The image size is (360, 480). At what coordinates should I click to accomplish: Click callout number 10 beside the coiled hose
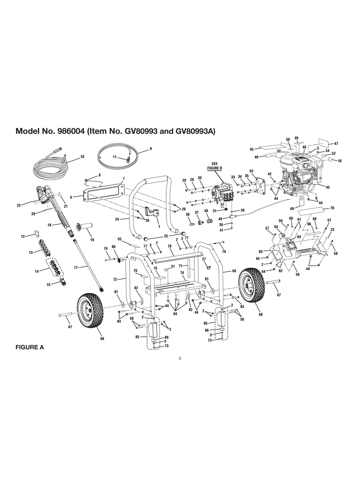point(82,157)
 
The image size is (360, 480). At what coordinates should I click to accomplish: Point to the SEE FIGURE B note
point(215,166)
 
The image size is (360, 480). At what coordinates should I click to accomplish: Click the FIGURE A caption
point(29,347)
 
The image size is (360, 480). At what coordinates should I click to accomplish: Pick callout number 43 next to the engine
point(327,187)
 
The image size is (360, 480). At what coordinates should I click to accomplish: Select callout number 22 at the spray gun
point(19,205)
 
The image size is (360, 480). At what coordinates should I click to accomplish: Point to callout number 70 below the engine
point(332,208)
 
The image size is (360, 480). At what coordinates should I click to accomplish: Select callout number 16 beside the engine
point(339,161)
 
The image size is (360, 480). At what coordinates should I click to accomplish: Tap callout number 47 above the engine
point(336,143)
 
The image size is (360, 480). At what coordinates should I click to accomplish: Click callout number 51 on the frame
point(172,266)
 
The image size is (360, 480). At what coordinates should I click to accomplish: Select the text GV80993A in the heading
point(195,131)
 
